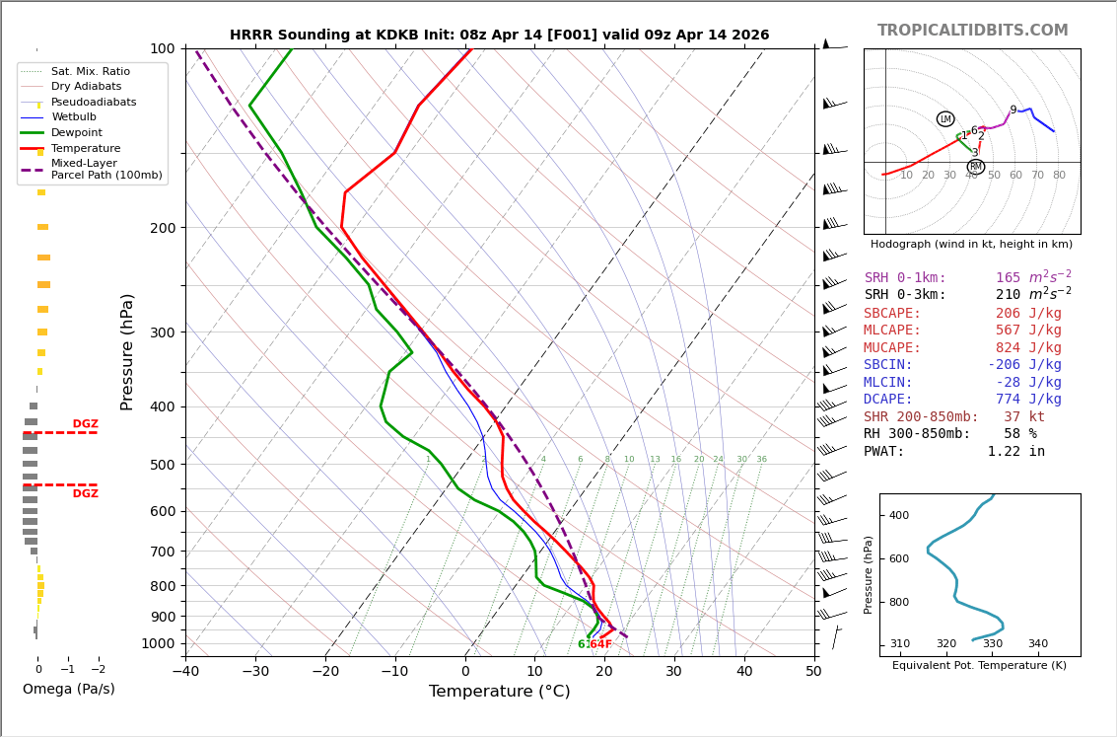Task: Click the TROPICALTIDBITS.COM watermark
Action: pos(972,31)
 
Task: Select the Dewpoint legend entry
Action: pos(77,133)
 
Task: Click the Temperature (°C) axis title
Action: pos(499,693)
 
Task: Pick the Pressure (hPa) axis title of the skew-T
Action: pos(127,351)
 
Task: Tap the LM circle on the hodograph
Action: pos(945,119)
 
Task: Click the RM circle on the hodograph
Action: pos(975,167)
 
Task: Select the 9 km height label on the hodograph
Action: pos(1013,111)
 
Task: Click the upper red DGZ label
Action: pos(85,424)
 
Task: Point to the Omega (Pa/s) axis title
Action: pos(68,690)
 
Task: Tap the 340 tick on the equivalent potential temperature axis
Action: pos(1038,644)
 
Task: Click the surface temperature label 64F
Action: pos(600,644)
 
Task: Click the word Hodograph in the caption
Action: pos(901,245)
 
